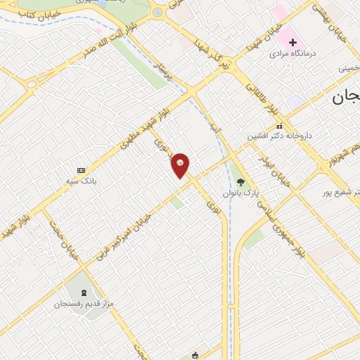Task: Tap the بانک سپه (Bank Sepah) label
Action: click(x=82, y=181)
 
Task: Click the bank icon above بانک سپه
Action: click(x=81, y=170)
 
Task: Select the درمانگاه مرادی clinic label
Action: click(x=300, y=54)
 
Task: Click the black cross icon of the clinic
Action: click(x=292, y=42)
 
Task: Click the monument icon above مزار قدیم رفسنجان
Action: click(x=85, y=292)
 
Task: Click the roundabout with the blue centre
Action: click(x=157, y=12)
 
